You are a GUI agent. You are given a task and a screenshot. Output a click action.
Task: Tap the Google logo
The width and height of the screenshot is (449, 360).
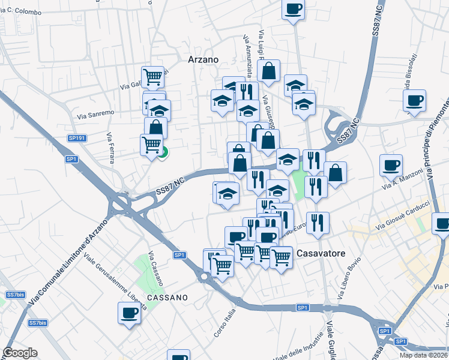[20, 353]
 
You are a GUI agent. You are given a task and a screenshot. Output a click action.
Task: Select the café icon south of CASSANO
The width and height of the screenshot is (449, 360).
[130, 312]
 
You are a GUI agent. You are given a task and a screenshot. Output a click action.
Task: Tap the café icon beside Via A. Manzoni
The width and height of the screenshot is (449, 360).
[391, 165]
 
